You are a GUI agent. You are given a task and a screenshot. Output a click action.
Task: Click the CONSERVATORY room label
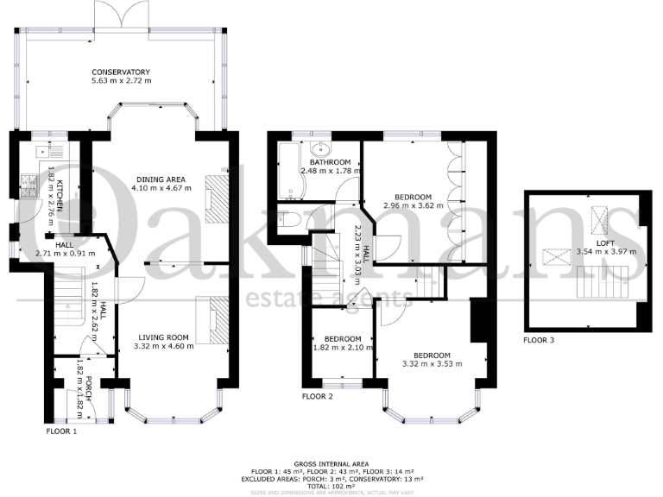[x=122, y=72]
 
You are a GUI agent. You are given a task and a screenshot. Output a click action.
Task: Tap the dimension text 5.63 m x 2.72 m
[x=122, y=81]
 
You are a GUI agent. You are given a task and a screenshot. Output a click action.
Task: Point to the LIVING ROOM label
[x=161, y=337]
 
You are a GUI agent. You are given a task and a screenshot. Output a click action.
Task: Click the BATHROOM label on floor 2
[x=331, y=162]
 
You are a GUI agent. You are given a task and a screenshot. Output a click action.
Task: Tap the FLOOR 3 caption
[x=539, y=340]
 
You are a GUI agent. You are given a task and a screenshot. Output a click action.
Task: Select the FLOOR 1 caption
[x=60, y=429]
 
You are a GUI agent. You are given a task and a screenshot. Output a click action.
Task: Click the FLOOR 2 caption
[x=317, y=397]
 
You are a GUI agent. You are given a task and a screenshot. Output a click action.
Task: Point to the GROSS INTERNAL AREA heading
[x=331, y=462]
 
